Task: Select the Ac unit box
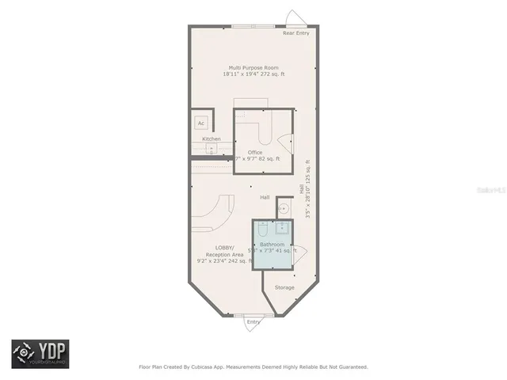[x=201, y=123]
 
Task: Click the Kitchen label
[x=212, y=139]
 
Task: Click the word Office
[x=254, y=152]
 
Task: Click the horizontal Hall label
[x=265, y=197]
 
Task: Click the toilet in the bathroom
[x=264, y=230]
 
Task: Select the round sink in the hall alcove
[x=284, y=209]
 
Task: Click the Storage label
[x=284, y=287]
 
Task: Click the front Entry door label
[x=253, y=321]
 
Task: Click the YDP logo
[x=40, y=354]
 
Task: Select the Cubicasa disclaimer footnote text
[x=253, y=367]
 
